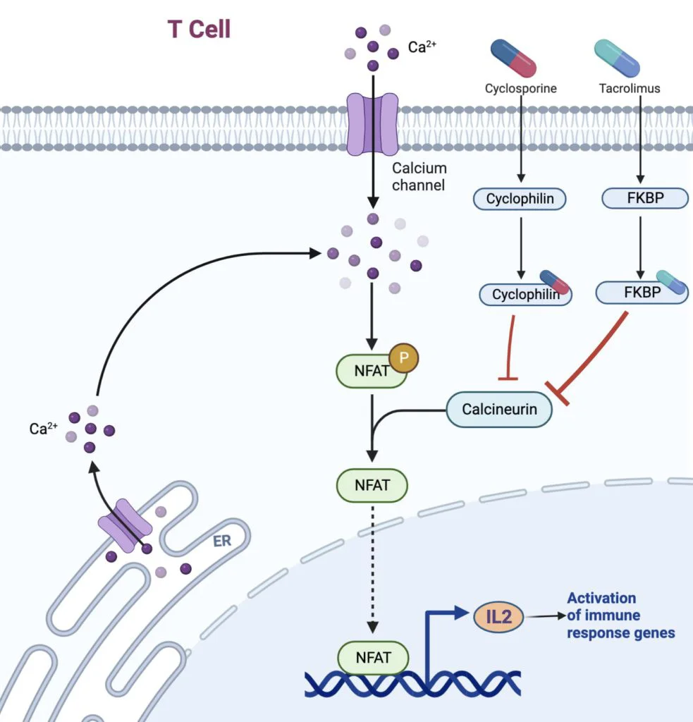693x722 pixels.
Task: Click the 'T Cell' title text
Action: tap(199, 30)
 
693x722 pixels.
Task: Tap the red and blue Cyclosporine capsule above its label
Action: tap(513, 58)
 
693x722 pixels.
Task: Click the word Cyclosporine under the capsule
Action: tap(521, 89)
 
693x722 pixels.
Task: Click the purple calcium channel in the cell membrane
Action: tap(373, 127)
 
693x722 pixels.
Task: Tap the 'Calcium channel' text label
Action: tap(419, 177)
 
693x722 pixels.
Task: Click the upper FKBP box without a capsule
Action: tap(644, 199)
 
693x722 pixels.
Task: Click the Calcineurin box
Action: tap(499, 409)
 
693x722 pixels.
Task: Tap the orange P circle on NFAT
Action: tap(404, 357)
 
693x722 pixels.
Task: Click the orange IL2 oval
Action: tap(498, 618)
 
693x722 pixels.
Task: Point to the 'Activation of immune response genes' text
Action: tap(620, 615)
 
